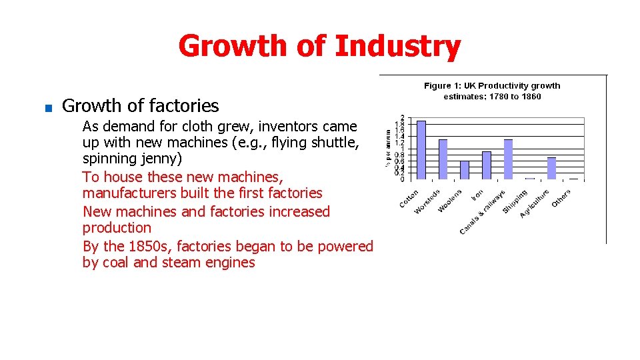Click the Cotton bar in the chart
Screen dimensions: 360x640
pos(421,150)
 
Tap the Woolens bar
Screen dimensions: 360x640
pos(465,170)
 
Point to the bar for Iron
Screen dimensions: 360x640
pos(486,165)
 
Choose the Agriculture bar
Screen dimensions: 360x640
pos(551,168)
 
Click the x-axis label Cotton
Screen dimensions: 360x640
pos(409,198)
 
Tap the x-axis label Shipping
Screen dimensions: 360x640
pos(515,202)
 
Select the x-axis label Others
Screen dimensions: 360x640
pos(561,197)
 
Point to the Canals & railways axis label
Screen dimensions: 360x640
pos(483,213)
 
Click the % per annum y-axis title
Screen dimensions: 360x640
pos(387,148)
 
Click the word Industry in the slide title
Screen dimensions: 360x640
pos(397,47)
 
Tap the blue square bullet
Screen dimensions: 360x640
pos(48,107)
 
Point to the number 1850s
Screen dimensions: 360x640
pos(149,246)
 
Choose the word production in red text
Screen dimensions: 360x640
pos(117,228)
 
